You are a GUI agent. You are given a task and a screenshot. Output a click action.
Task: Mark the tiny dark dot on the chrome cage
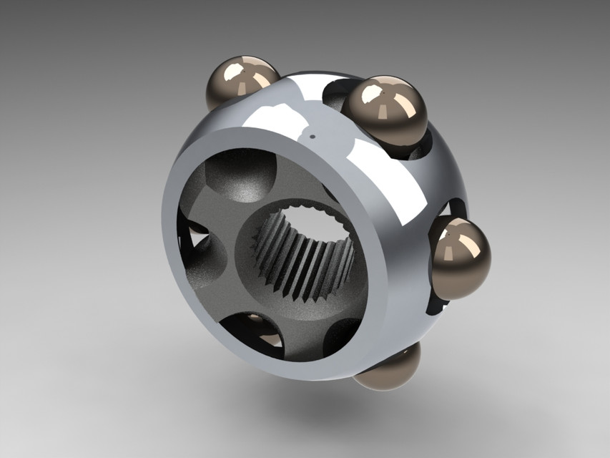pyautogui.click(x=313, y=135)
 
